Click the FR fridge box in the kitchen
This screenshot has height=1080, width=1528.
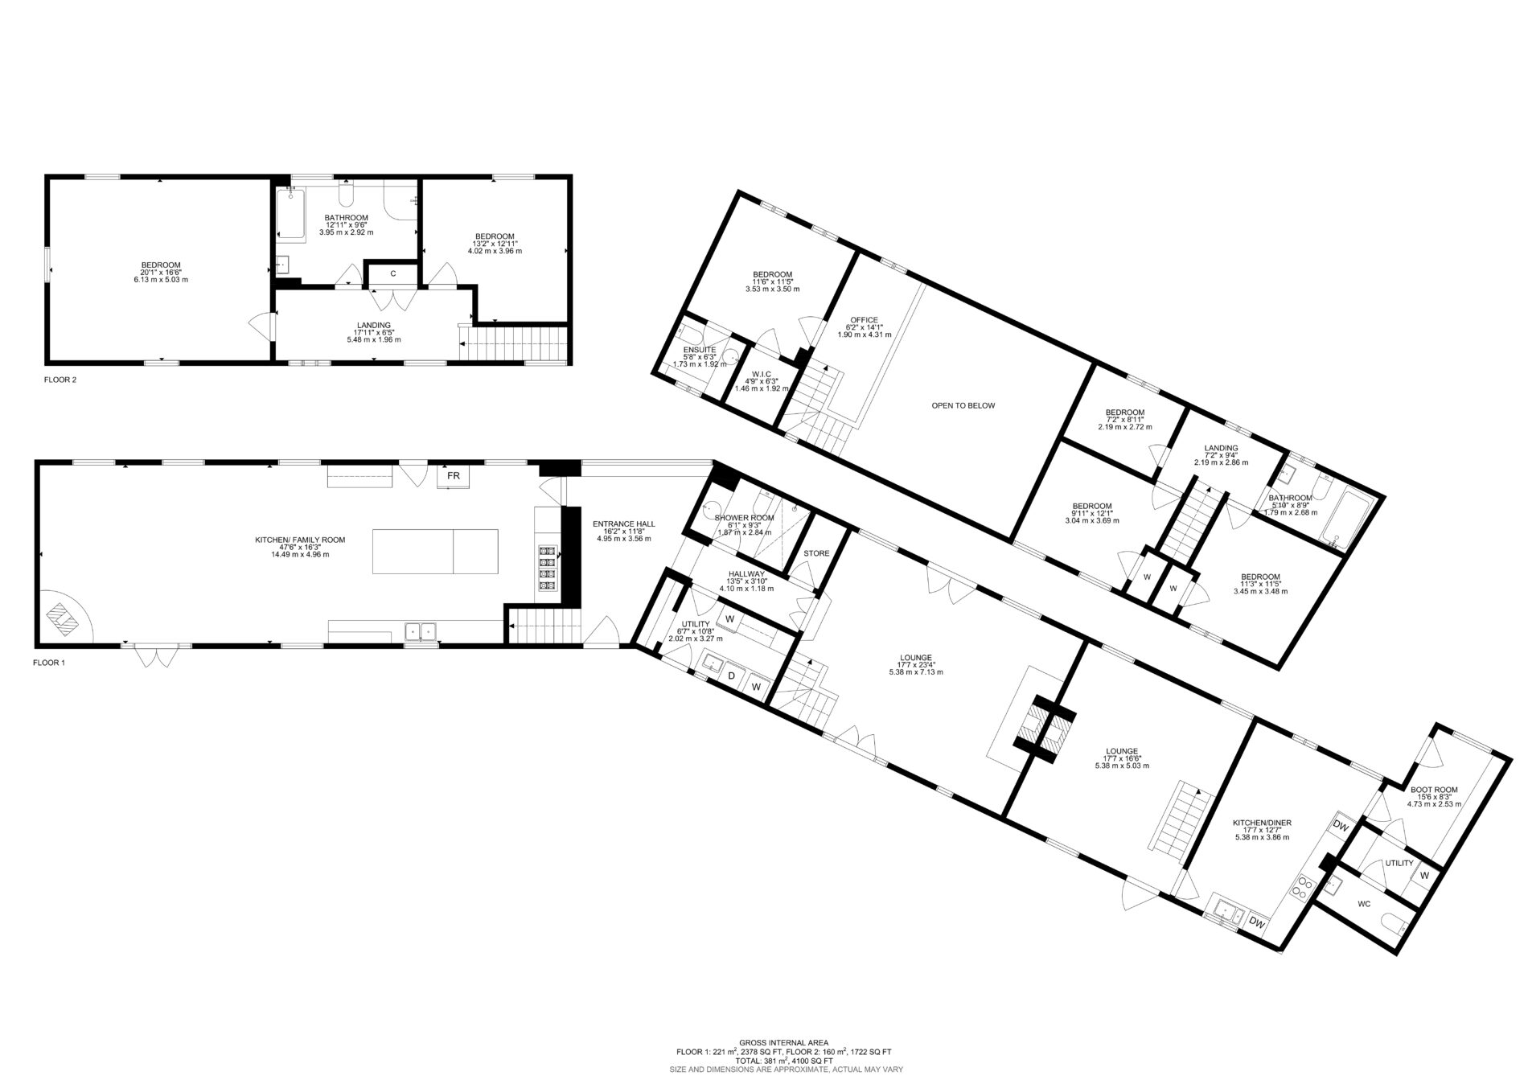[x=454, y=476]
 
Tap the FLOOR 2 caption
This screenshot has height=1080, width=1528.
[x=60, y=379]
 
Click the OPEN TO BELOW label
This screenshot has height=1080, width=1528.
[x=963, y=406]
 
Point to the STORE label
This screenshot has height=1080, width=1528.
[x=816, y=553]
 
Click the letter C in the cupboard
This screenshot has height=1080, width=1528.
[x=393, y=274]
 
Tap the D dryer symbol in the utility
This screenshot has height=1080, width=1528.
[x=732, y=676]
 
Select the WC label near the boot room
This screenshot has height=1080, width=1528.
[x=1363, y=904]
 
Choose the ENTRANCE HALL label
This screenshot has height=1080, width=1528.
[x=624, y=524]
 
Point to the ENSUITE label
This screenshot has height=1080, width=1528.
[x=700, y=350]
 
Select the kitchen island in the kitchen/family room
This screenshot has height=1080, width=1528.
[x=435, y=551]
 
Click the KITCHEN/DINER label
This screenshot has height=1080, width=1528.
[x=1262, y=823]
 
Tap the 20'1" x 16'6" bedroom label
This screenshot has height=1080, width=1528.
[x=161, y=265]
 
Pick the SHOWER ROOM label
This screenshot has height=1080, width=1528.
[x=744, y=518]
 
